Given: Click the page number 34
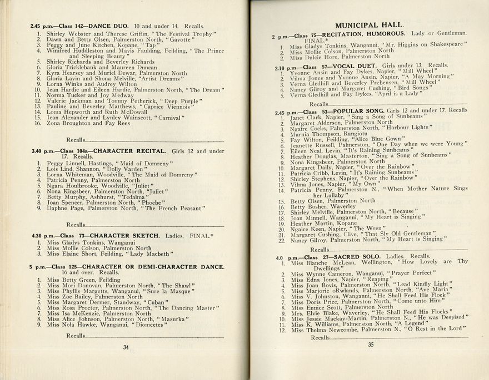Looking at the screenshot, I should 126,348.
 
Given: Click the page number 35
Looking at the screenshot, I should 371,344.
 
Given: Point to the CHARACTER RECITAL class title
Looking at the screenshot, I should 129,151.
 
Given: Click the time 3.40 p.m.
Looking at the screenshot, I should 43,151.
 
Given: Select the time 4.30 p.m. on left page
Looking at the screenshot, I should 43,236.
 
